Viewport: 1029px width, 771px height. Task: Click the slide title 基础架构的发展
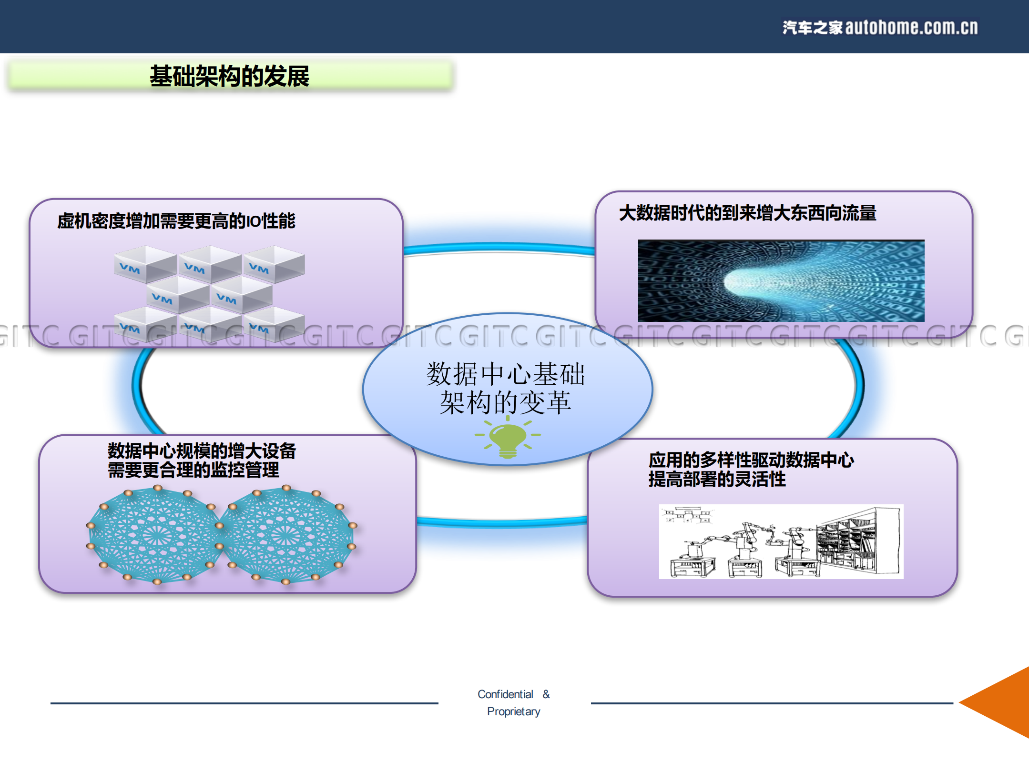[x=229, y=76]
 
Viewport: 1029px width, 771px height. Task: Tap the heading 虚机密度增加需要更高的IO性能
[x=176, y=221]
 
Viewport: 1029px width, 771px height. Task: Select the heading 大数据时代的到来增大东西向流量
[x=747, y=213]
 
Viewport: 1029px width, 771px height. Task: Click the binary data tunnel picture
[x=781, y=280]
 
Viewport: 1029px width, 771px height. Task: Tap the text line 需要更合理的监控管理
[x=193, y=470]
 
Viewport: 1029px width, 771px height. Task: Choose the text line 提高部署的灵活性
[x=716, y=479]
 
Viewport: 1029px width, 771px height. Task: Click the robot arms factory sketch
[x=781, y=541]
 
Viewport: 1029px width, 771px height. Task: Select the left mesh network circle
[x=156, y=535]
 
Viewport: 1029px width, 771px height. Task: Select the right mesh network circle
[x=286, y=535]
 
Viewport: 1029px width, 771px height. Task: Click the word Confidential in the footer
[x=505, y=694]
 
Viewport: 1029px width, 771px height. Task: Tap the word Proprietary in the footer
[x=513, y=711]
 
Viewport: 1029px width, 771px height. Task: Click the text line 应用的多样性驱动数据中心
[x=751, y=460]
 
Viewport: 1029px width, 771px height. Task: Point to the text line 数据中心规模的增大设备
[x=202, y=451]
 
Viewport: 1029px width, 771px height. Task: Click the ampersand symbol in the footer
[x=546, y=694]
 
